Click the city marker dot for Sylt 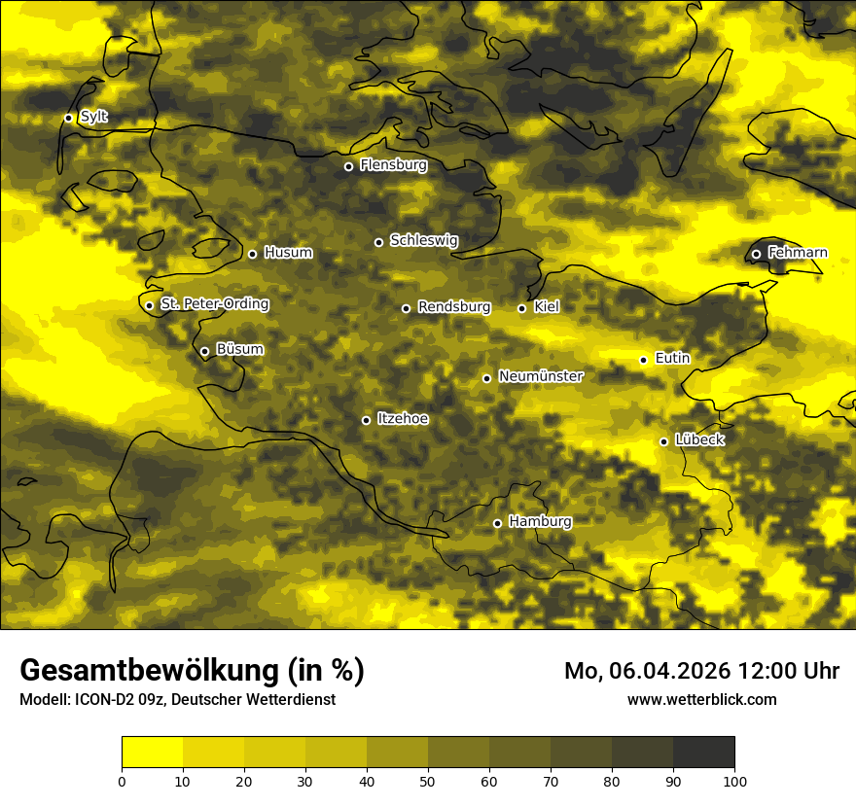click(x=68, y=118)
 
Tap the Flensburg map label click(x=393, y=165)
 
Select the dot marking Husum click(x=252, y=254)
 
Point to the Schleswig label click(x=423, y=240)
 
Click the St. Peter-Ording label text click(x=214, y=304)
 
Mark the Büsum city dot click(x=204, y=351)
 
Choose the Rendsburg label click(x=454, y=307)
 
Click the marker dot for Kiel click(x=521, y=308)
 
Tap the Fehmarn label click(x=798, y=253)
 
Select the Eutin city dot click(x=643, y=360)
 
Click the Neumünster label click(x=541, y=376)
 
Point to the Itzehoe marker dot click(x=366, y=420)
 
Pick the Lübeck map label click(x=699, y=440)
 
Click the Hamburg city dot click(x=497, y=523)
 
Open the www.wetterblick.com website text click(x=701, y=699)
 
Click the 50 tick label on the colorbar click(x=428, y=781)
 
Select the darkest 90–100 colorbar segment click(x=703, y=752)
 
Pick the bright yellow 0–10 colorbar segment click(x=152, y=752)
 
